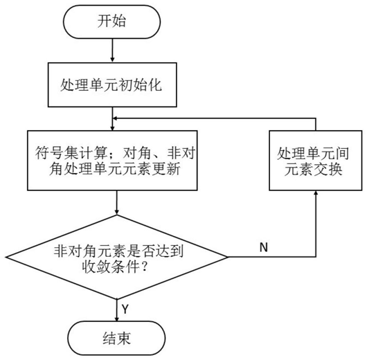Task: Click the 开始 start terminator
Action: [111, 21]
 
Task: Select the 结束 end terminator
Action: [116, 338]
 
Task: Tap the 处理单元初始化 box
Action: [112, 84]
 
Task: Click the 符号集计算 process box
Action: [112, 161]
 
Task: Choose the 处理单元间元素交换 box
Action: [316, 161]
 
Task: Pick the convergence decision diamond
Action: [116, 257]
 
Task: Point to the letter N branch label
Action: [264, 247]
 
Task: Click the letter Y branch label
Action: [125, 309]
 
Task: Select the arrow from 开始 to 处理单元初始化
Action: [112, 51]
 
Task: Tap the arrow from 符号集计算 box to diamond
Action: [116, 202]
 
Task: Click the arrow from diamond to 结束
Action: [116, 310]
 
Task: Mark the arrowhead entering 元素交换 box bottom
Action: [316, 192]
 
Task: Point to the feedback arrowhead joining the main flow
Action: [115, 118]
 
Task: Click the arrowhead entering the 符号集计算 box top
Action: [112, 128]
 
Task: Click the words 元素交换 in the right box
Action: [314, 169]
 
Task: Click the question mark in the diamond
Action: [145, 267]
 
